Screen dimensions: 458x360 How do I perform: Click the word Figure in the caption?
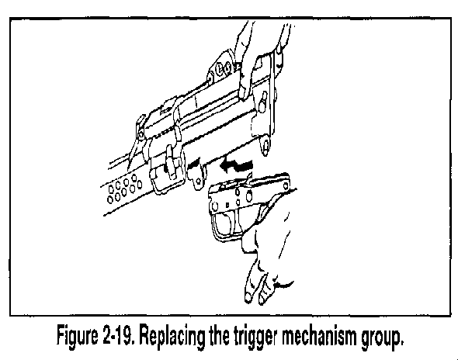[78, 337]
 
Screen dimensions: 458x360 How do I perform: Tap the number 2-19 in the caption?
[118, 335]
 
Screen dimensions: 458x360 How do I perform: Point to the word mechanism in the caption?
[319, 335]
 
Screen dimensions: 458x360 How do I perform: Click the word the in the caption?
[220, 335]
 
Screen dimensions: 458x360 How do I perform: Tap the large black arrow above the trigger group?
[236, 167]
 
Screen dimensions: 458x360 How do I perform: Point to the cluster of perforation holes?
[124, 189]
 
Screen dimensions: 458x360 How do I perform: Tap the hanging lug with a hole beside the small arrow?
[197, 178]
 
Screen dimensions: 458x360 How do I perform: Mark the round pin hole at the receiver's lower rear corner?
[265, 145]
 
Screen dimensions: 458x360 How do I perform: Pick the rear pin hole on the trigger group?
[286, 185]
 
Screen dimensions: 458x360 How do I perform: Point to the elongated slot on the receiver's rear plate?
[263, 101]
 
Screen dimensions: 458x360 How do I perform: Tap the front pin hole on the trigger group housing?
[215, 206]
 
